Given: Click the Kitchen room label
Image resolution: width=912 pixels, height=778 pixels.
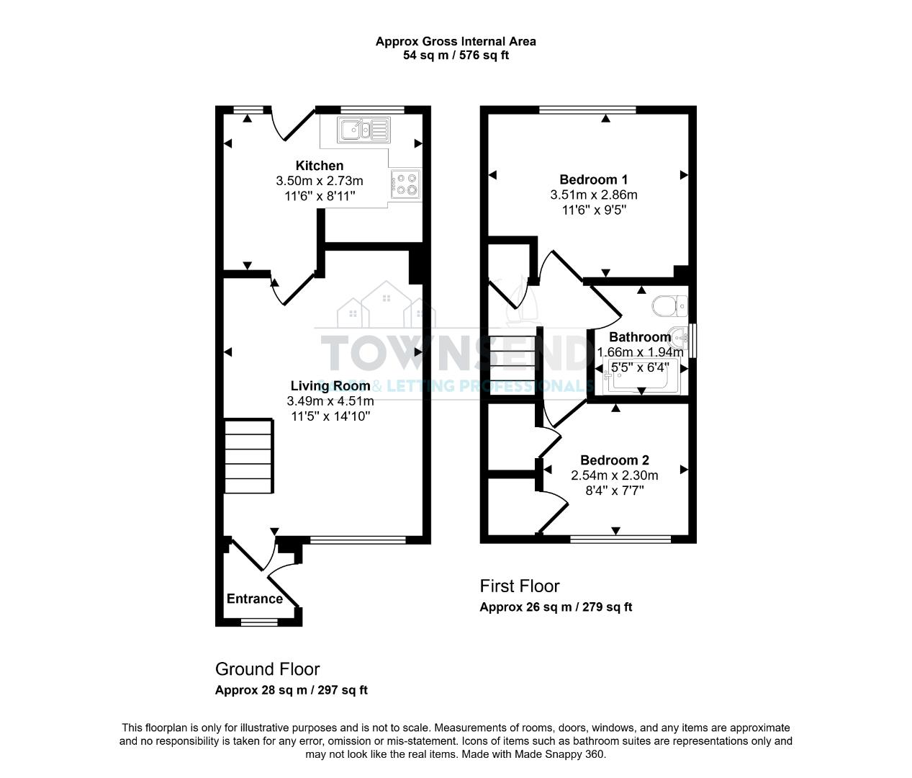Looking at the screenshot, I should (x=320, y=166).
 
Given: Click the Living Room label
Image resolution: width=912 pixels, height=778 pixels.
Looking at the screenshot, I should (x=330, y=386).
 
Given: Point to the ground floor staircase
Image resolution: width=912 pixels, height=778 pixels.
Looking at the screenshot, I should (x=249, y=457).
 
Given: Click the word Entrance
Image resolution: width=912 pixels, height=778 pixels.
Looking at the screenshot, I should (x=255, y=599).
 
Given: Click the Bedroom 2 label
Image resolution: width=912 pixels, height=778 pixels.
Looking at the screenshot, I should (x=615, y=460).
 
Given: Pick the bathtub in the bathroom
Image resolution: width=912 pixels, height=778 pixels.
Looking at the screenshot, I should (x=639, y=377).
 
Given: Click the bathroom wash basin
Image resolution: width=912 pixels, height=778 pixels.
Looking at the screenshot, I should (x=679, y=336).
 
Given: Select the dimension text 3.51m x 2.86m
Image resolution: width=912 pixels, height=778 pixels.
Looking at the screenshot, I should (x=594, y=194).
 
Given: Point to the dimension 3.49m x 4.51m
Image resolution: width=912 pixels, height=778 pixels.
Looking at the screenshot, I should (x=330, y=401).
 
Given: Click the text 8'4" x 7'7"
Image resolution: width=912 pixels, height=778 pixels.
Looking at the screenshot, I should (x=615, y=491).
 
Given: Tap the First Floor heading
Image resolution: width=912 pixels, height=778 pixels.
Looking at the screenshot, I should (x=520, y=586).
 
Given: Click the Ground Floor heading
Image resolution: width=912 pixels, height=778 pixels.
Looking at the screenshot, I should (x=267, y=669).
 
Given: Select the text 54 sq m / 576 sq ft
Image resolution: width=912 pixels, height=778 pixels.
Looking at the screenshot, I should (x=456, y=55).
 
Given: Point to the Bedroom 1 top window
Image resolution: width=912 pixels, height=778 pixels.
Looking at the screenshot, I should (x=587, y=110).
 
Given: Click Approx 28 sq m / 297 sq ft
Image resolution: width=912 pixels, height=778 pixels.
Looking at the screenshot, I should (x=292, y=690).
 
